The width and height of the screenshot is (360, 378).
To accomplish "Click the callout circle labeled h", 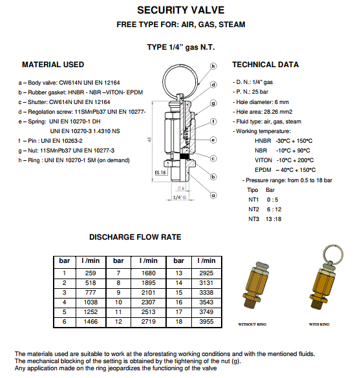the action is (213, 66).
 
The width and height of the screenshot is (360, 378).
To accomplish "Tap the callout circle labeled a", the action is (213, 195).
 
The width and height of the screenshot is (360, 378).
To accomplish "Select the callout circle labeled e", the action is (213, 140).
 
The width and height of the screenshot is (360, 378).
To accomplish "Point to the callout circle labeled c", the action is (213, 158).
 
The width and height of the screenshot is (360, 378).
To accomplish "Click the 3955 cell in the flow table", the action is (206, 322).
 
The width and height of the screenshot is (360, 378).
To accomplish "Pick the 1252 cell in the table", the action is (90, 312).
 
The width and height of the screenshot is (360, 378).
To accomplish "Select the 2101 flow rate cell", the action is (148, 293).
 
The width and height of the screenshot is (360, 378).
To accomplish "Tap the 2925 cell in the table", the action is (206, 273).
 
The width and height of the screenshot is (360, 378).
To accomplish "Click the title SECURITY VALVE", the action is (181, 10).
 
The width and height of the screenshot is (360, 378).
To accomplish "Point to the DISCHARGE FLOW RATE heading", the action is (135, 237).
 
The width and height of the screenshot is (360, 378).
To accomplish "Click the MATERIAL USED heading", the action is (53, 65).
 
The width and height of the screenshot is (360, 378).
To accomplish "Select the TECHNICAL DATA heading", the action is (266, 65).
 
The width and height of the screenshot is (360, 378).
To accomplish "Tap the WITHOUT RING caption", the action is (252, 324).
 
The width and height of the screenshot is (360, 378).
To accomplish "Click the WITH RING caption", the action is (319, 324).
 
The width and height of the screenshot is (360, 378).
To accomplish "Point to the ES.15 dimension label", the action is (160, 173).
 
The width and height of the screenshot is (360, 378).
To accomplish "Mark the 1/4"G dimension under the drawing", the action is (180, 198).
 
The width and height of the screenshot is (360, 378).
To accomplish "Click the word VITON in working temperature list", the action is (263, 160).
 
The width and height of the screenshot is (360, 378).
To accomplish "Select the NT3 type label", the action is (253, 219).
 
